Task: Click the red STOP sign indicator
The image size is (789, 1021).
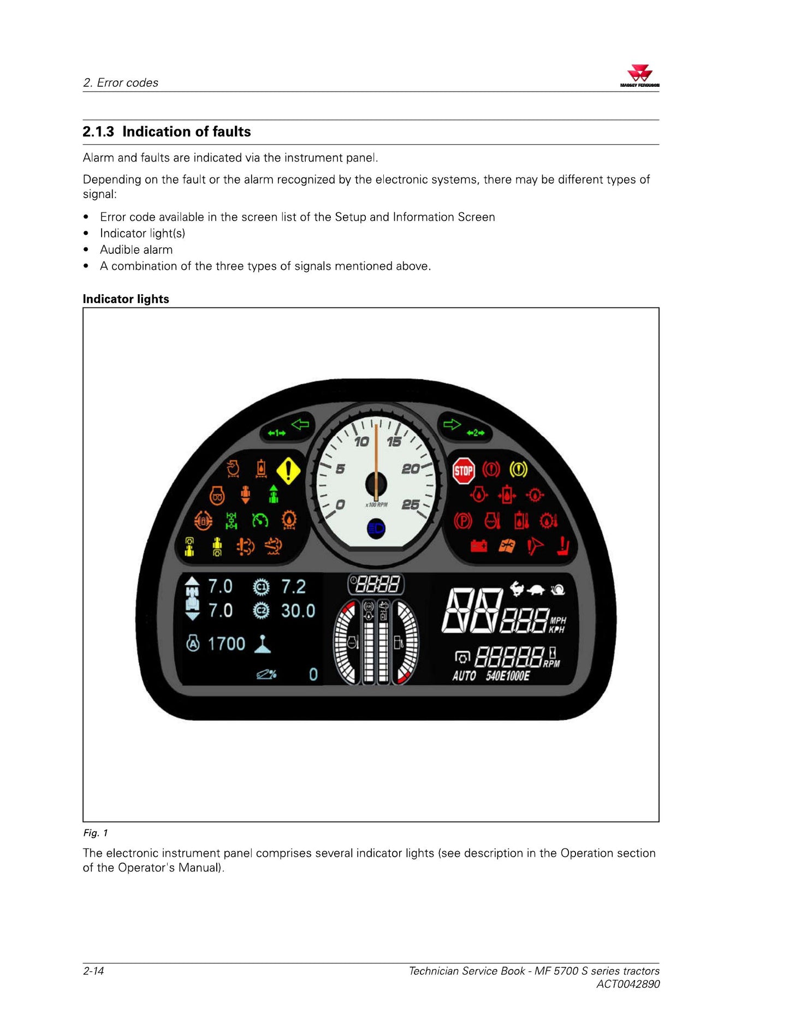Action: (464, 471)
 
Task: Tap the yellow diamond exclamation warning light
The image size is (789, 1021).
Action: (288, 470)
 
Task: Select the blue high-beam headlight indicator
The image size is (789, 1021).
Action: (376, 529)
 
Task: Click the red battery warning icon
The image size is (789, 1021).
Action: (479, 546)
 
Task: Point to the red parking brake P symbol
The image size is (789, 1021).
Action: (463, 520)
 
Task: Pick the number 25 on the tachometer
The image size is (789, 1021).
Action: (411, 504)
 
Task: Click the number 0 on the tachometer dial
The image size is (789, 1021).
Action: (340, 504)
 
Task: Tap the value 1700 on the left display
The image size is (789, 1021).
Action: (227, 644)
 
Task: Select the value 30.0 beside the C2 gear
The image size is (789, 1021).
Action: (298, 610)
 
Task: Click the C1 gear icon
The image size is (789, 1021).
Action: (262, 587)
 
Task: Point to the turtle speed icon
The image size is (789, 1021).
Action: (536, 590)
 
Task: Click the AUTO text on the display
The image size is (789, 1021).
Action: (464, 676)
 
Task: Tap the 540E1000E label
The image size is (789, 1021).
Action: (508, 676)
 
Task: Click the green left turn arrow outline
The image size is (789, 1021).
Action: (300, 424)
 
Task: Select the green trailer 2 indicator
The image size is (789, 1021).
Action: (476, 433)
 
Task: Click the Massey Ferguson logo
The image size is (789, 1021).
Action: (639, 75)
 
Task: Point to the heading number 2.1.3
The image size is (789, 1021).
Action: (98, 132)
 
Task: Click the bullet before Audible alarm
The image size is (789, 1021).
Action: (86, 250)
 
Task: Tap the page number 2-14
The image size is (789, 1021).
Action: (93, 971)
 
